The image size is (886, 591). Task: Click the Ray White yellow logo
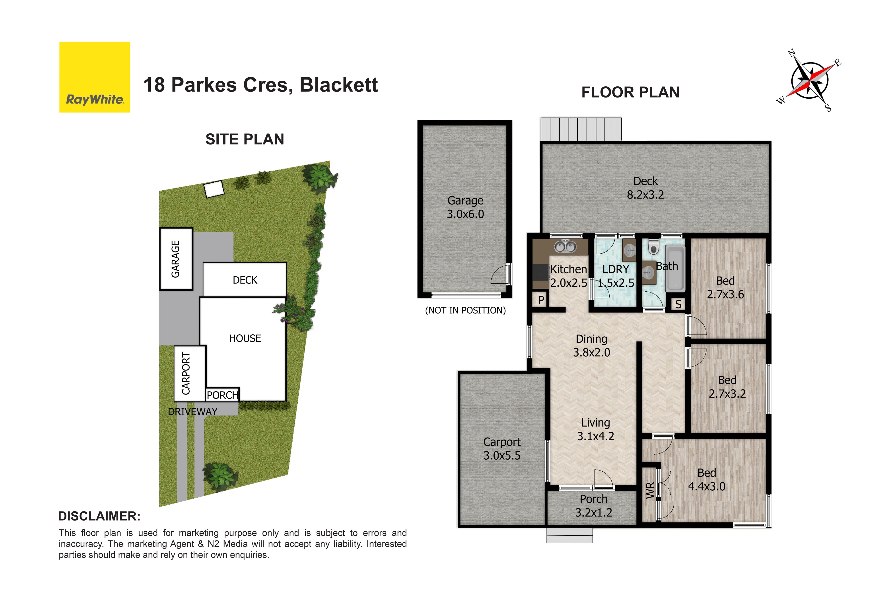(x=95, y=77)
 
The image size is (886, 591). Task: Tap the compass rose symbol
(x=809, y=81)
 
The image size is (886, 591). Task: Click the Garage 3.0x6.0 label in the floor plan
(x=465, y=207)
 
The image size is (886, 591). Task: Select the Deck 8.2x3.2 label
(x=645, y=188)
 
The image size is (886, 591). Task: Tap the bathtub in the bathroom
(x=675, y=268)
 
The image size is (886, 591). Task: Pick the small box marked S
(x=678, y=304)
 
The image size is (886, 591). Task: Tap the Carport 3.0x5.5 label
(x=502, y=449)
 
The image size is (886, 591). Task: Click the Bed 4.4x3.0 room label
(x=707, y=480)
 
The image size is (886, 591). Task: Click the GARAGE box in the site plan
(x=176, y=259)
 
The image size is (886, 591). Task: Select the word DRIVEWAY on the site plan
(x=192, y=412)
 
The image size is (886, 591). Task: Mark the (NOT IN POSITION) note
(x=465, y=310)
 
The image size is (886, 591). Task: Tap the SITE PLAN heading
(x=245, y=139)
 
